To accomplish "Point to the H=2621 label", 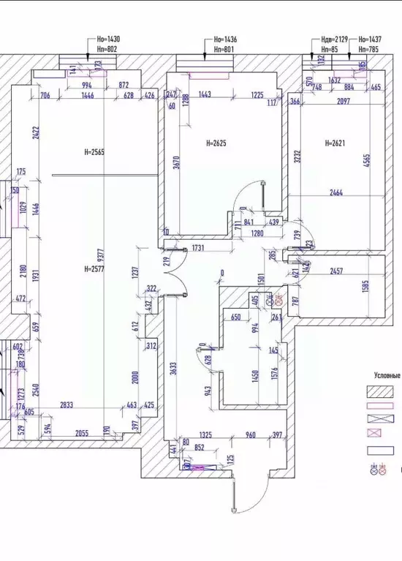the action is (x=337, y=143).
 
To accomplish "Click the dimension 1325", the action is (x=205, y=435).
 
